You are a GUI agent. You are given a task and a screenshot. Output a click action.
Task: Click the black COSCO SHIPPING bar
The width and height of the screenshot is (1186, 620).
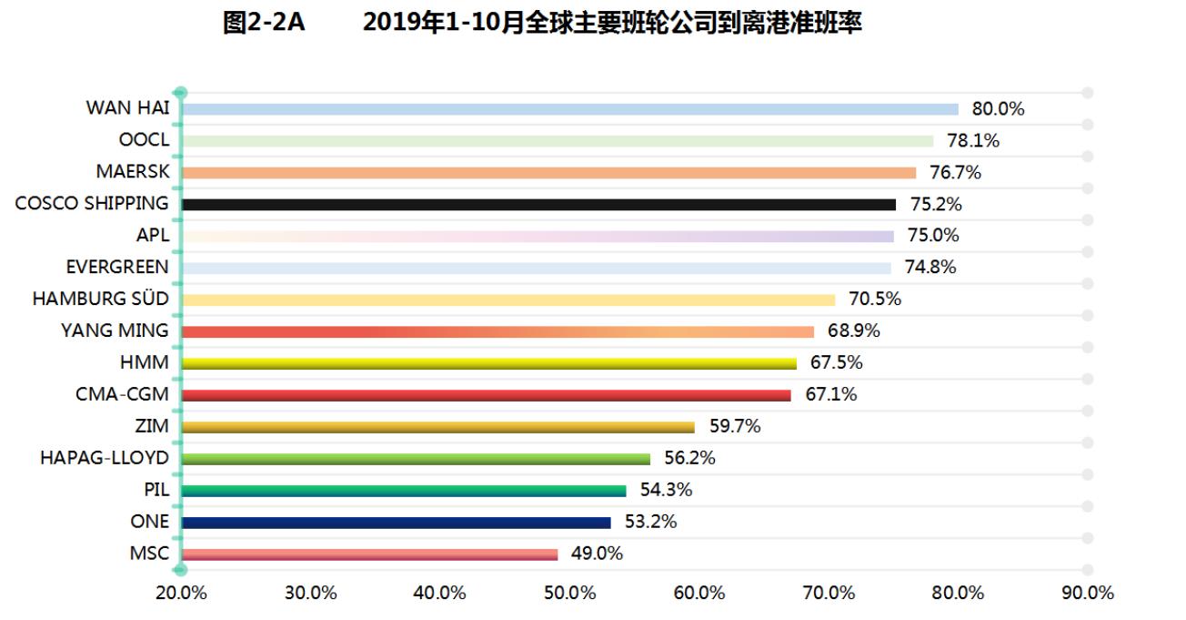[x=538, y=205]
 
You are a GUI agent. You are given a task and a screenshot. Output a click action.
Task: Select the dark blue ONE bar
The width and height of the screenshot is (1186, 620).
[x=396, y=523]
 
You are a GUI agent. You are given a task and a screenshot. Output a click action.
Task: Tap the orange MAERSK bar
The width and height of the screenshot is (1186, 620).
[x=548, y=173]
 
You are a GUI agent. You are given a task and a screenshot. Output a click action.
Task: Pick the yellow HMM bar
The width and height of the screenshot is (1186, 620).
[x=488, y=363]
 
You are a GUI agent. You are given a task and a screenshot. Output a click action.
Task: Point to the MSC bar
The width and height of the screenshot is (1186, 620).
[x=369, y=554]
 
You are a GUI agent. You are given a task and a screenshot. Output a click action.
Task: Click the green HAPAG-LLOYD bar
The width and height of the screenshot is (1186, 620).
[x=416, y=459]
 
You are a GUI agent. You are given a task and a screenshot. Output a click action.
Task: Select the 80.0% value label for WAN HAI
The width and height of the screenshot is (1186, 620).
[x=998, y=109]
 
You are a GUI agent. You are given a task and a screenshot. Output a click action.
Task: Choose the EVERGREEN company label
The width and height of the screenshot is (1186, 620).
[x=117, y=267]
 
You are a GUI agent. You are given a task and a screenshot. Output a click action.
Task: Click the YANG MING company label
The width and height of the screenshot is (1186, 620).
[x=115, y=330]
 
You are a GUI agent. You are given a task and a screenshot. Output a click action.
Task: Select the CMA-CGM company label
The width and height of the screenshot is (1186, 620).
[x=122, y=394]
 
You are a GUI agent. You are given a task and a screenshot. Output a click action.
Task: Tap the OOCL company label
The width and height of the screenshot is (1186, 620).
[x=144, y=140]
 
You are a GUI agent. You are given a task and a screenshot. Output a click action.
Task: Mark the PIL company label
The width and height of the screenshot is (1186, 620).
[x=156, y=490]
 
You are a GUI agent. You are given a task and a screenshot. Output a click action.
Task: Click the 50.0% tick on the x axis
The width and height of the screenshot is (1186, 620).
[x=569, y=593]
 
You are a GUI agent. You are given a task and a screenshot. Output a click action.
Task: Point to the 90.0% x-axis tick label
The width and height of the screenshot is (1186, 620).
[x=1088, y=593]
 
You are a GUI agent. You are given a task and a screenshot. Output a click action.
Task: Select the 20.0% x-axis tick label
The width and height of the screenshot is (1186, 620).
[x=181, y=593]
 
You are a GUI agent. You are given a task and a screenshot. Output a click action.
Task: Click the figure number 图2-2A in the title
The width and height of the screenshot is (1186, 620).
[x=264, y=24]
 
